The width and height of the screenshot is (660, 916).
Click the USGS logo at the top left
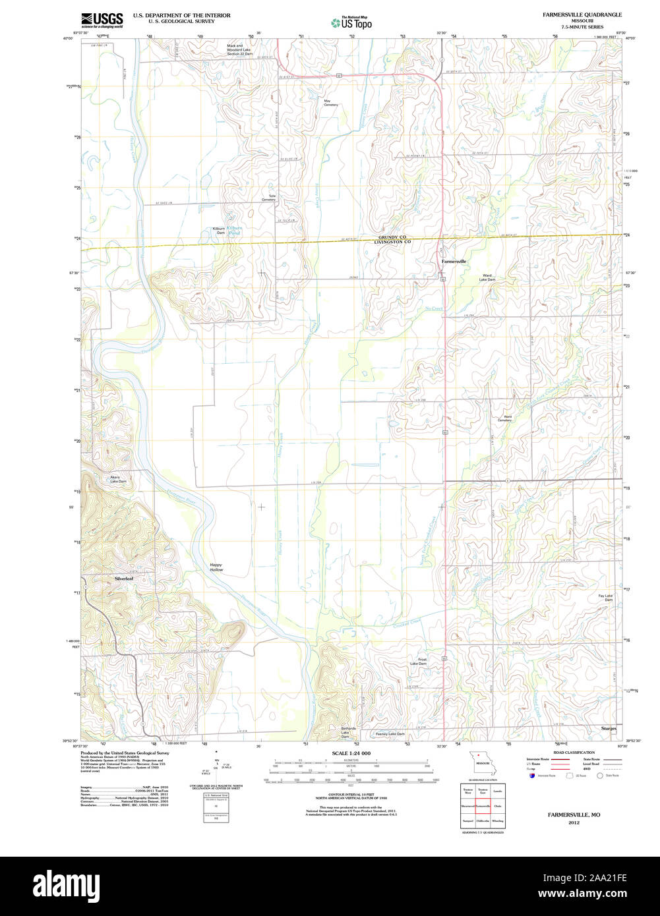coord(102,20)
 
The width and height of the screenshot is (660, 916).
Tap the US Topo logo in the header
coord(351,22)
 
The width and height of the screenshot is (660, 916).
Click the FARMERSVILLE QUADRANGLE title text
coord(582,14)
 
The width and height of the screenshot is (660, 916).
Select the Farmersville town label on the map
coord(454,262)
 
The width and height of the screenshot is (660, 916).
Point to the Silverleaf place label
coord(124,579)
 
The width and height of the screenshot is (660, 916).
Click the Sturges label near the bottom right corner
coord(609,729)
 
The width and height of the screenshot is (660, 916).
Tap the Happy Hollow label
coord(216,567)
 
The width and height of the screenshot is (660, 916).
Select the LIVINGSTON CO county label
coord(392,242)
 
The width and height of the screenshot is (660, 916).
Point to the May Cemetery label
coord(330,103)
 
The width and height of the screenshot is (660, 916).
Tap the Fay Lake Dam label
coord(605,598)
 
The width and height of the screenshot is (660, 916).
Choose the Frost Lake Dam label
coord(418,661)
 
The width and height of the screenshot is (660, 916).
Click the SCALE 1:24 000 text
coord(351,753)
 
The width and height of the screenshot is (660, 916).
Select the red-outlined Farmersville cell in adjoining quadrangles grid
coord(482,805)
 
